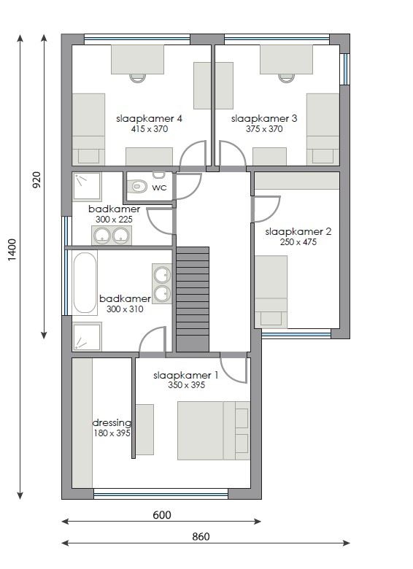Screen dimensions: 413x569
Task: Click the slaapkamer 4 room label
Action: pyautogui.click(x=149, y=119)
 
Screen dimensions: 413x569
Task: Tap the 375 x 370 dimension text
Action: pyautogui.click(x=264, y=129)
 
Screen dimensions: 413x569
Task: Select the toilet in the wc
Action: pyautogui.click(x=138, y=187)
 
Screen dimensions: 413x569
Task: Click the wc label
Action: pyautogui.click(x=159, y=187)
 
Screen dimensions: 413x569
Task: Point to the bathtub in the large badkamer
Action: pyautogui.click(x=85, y=282)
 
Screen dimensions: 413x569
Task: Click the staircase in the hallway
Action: pyautogui.click(x=193, y=299)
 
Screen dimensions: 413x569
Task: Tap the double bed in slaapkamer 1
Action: pyautogui.click(x=214, y=430)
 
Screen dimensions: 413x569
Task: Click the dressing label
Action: pyautogui.click(x=112, y=423)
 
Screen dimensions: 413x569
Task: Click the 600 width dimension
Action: pyautogui.click(x=162, y=515)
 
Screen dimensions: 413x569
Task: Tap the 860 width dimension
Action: pyautogui.click(x=201, y=537)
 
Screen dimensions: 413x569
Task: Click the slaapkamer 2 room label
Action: pyautogui.click(x=298, y=232)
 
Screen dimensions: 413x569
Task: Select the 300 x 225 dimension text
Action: pyautogui.click(x=114, y=220)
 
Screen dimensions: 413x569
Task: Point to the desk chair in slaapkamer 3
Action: pyautogui.click(x=287, y=77)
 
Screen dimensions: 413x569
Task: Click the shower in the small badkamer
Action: pyautogui.click(x=87, y=187)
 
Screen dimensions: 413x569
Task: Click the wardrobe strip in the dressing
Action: pyautogui.click(x=82, y=423)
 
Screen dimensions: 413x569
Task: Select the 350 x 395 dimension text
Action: pyautogui.click(x=187, y=385)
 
